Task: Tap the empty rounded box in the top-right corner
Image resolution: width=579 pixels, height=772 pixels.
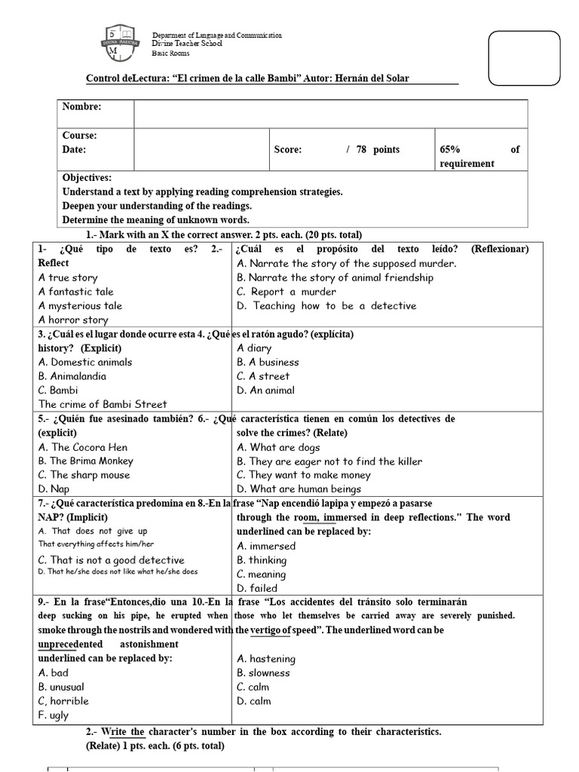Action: pyautogui.click(x=528, y=59)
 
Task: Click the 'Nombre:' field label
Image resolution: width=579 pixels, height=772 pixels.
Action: pyautogui.click(x=81, y=107)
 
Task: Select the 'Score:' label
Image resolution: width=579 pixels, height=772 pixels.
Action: pyautogui.click(x=288, y=149)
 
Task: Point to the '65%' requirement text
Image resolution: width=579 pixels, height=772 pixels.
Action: pyautogui.click(x=451, y=149)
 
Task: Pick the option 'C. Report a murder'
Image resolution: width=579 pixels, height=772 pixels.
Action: pyautogui.click(x=286, y=292)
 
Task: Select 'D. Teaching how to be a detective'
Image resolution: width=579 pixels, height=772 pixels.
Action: pyautogui.click(x=326, y=305)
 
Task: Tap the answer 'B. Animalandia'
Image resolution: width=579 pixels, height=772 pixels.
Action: pyautogui.click(x=72, y=376)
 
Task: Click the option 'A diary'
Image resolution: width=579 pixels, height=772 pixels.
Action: pyautogui.click(x=254, y=348)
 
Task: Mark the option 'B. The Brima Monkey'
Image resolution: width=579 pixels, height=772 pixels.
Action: pyautogui.click(x=86, y=461)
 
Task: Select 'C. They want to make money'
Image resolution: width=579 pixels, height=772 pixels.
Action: pyautogui.click(x=304, y=475)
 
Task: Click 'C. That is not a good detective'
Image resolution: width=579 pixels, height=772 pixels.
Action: pyautogui.click(x=112, y=559)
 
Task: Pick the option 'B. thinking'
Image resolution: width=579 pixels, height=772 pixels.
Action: pyautogui.click(x=262, y=560)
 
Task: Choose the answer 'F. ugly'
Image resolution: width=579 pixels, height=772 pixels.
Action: pyautogui.click(x=54, y=715)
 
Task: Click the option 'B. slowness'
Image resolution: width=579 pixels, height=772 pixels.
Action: pyautogui.click(x=263, y=672)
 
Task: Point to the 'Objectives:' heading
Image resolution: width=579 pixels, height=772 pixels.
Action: pyautogui.click(x=87, y=178)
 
